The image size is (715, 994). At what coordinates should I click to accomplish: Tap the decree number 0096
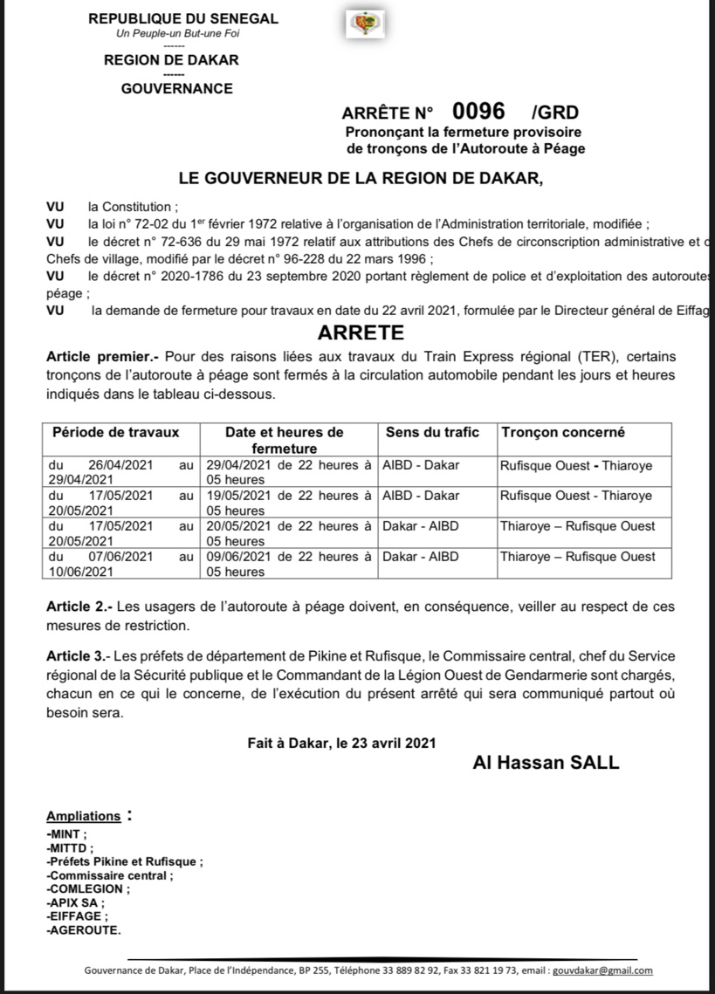click(x=478, y=111)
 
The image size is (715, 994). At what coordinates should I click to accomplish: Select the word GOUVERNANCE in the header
click(x=176, y=88)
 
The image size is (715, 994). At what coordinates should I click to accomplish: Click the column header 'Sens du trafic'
click(x=428, y=432)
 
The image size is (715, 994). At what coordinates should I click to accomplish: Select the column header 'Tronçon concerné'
click(x=562, y=432)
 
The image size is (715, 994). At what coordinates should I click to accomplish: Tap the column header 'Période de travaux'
click(x=116, y=432)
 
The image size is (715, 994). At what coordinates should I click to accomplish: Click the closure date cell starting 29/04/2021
click(x=289, y=472)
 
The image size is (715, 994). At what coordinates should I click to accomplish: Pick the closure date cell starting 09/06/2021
click(x=289, y=563)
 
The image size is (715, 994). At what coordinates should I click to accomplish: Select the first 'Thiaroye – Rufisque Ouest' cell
click(x=577, y=526)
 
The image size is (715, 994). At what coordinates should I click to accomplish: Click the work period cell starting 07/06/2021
click(x=120, y=563)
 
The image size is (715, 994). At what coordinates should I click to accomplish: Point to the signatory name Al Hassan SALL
click(x=546, y=763)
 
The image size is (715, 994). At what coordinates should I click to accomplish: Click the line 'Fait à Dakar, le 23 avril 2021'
click(x=341, y=743)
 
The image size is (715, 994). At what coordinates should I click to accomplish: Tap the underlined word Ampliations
click(x=84, y=816)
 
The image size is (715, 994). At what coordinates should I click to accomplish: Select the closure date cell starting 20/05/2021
click(x=289, y=532)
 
